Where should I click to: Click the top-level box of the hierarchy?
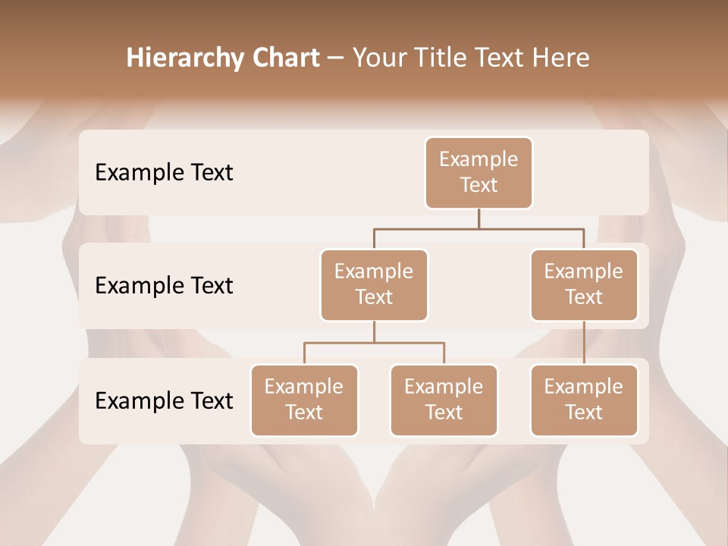click(479, 172)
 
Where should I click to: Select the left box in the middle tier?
click(374, 284)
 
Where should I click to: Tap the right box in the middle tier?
click(584, 284)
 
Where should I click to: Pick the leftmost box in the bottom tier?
click(304, 400)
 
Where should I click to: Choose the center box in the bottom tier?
click(444, 400)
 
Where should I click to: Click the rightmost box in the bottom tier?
click(584, 400)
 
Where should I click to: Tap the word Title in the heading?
click(440, 58)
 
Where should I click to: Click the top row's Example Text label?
click(164, 172)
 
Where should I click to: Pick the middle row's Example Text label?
click(164, 285)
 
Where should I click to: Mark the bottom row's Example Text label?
click(164, 400)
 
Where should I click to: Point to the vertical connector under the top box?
click(479, 218)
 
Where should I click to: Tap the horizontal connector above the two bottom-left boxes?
click(374, 343)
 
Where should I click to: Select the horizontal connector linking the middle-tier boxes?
click(479, 228)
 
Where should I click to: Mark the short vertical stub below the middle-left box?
click(374, 331)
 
